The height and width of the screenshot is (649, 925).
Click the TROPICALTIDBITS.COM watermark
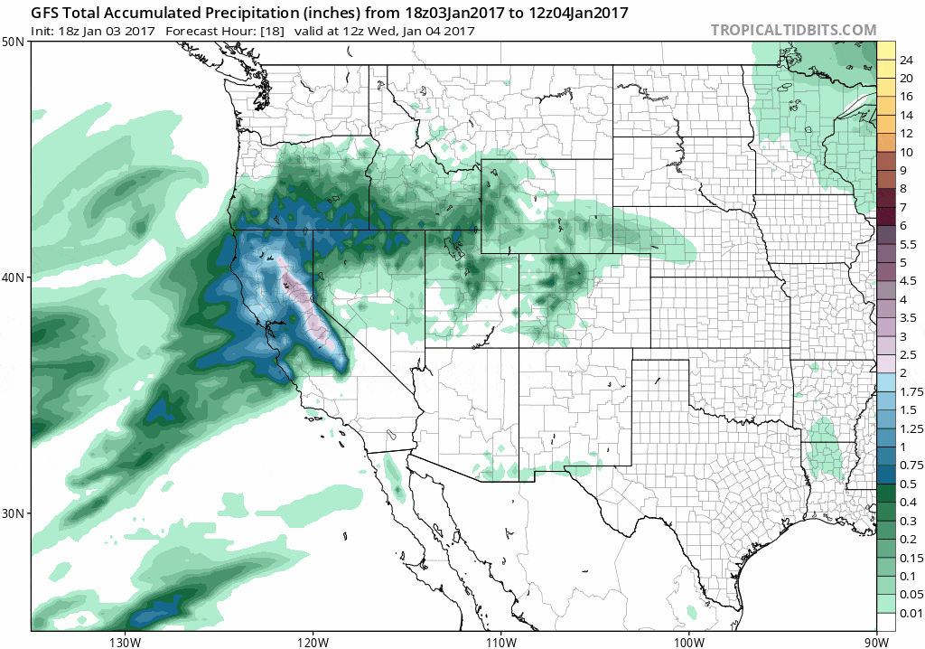click(793, 30)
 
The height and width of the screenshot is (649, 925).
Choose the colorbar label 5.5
click(907, 244)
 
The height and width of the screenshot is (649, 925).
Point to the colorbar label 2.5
click(907, 354)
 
